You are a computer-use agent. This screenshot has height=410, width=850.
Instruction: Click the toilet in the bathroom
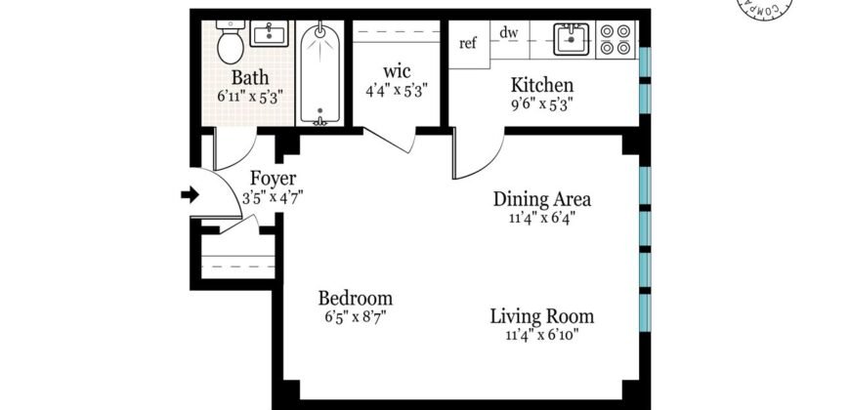pyautogui.click(x=230, y=44)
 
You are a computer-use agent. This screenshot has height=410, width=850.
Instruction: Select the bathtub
pyautogui.click(x=319, y=73)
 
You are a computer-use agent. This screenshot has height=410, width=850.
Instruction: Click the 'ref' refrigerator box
pyautogui.click(x=468, y=43)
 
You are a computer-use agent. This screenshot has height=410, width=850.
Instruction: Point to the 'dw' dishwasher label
pyautogui.click(x=508, y=33)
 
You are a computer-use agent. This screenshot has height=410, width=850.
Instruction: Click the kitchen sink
pyautogui.click(x=568, y=40)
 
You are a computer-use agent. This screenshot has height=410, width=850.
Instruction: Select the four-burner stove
pyautogui.click(x=616, y=39)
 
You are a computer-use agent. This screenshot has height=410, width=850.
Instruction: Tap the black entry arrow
pyautogui.click(x=190, y=196)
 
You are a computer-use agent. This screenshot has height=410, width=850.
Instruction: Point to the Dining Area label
pyautogui.click(x=542, y=199)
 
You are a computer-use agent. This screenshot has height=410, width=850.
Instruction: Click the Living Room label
pyautogui.click(x=541, y=316)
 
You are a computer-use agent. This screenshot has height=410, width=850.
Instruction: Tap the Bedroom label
pyautogui.click(x=356, y=298)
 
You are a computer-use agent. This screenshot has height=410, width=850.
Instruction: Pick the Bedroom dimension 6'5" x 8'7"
pyautogui.click(x=356, y=317)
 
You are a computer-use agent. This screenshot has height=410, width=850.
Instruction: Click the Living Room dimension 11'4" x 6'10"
pyautogui.click(x=541, y=336)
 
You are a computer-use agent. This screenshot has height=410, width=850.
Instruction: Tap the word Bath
pyautogui.click(x=249, y=77)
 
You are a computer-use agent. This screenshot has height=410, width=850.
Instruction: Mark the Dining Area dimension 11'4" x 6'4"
pyautogui.click(x=541, y=218)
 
